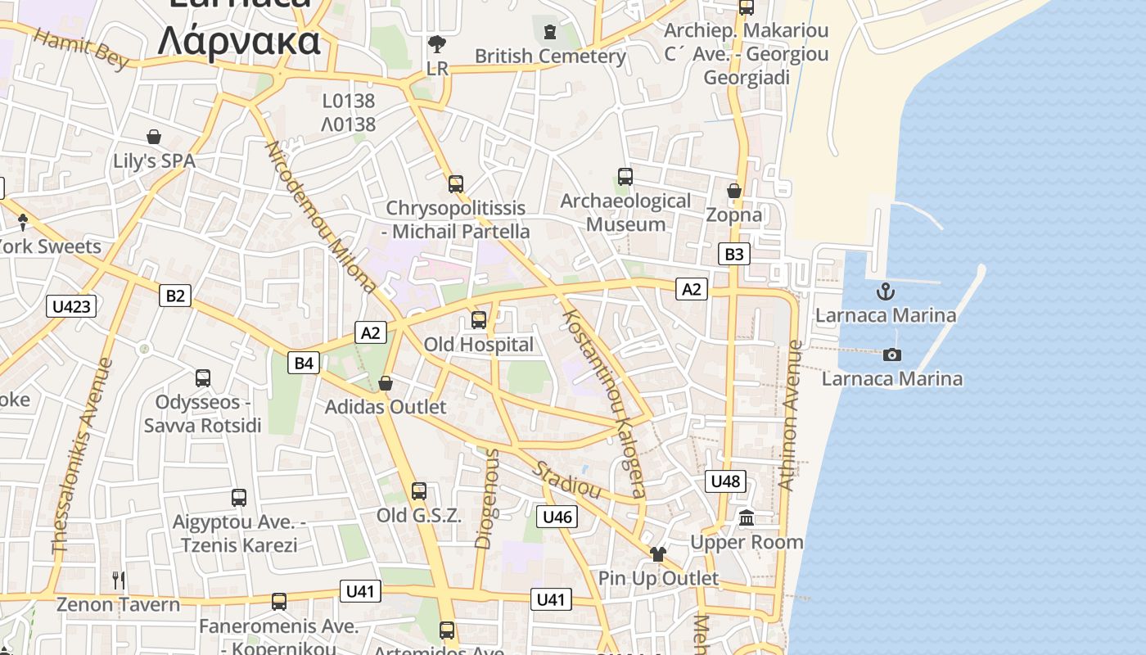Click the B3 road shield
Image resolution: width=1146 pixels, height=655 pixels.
click(734, 254)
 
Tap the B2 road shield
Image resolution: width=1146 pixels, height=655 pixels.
click(175, 295)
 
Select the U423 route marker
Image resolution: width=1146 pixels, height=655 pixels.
click(71, 306)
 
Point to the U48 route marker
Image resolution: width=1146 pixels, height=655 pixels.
click(725, 481)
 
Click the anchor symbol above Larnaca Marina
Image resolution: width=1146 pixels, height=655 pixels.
click(886, 291)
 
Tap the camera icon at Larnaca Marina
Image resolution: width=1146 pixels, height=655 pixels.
click(892, 355)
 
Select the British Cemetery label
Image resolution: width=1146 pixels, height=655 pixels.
click(550, 56)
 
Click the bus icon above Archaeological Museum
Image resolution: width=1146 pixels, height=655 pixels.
click(625, 176)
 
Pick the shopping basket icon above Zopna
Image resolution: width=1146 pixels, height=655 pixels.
click(734, 191)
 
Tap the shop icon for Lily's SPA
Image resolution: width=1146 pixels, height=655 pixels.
click(153, 136)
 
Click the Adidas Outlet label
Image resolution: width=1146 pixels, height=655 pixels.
click(386, 407)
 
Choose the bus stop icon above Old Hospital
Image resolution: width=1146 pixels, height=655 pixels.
click(479, 320)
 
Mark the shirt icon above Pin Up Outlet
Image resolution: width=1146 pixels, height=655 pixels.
click(657, 554)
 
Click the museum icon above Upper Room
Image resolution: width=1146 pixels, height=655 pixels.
click(747, 517)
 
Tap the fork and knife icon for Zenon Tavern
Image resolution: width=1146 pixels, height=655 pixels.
click(119, 580)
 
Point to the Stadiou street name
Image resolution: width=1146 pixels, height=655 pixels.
click(568, 480)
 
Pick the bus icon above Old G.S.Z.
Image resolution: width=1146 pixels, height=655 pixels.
click(419, 491)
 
